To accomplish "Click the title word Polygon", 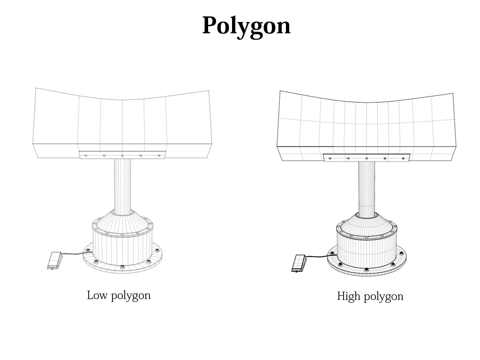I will point(246,26).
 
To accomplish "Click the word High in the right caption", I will point(347,296).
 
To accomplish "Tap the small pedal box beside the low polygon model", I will point(55,260).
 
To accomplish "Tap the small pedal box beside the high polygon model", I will point(299,263).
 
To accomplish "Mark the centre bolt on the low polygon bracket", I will point(122,156).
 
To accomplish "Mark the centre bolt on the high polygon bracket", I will point(367,158).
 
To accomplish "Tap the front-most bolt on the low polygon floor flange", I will point(122,267).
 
